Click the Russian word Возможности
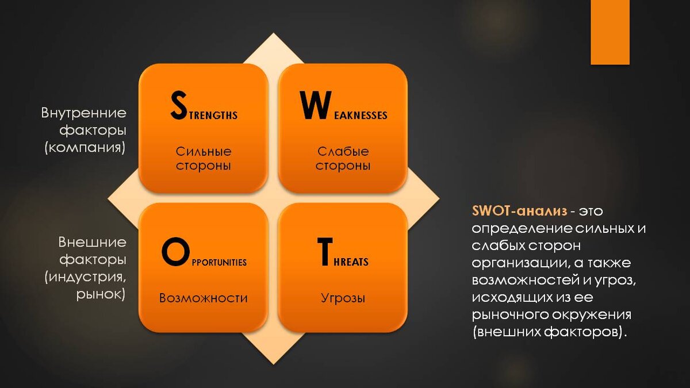pyautogui.click(x=204, y=298)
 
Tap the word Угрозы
pyautogui.click(x=343, y=298)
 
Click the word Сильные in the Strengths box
pyautogui.click(x=204, y=152)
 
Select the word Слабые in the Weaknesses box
pyautogui.click(x=343, y=152)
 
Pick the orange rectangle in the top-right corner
pyautogui.click(x=610, y=32)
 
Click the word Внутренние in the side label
pyautogui.click(x=84, y=113)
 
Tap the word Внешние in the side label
pyautogui.click(x=92, y=243)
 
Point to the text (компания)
pyautogui.click(x=84, y=147)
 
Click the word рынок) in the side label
pyautogui.click(x=101, y=294)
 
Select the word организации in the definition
pyautogui.click(x=515, y=263)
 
